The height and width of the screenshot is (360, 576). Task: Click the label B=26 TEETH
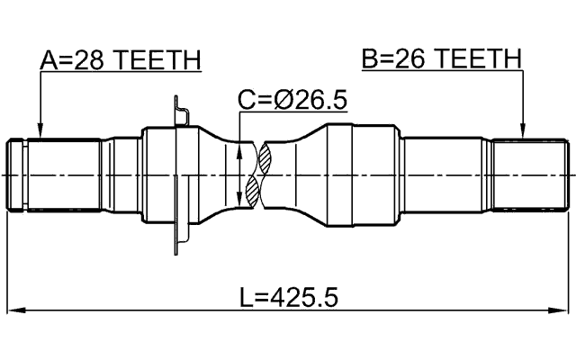[441, 59]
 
